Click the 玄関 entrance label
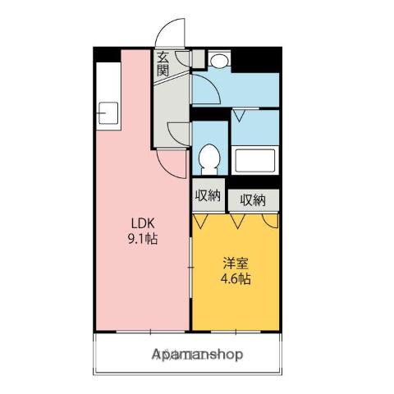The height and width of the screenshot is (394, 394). click(163, 63)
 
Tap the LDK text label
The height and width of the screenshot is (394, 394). click(138, 223)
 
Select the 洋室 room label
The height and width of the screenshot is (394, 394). click(236, 263)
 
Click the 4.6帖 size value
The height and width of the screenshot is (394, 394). click(236, 279)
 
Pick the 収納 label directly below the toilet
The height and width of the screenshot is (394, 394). click(208, 195)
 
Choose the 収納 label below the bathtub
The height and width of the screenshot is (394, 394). click(253, 199)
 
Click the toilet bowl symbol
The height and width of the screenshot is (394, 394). click(209, 156)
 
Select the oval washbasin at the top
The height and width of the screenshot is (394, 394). click(219, 61)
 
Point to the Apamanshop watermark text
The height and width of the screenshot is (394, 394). click(197, 355)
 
